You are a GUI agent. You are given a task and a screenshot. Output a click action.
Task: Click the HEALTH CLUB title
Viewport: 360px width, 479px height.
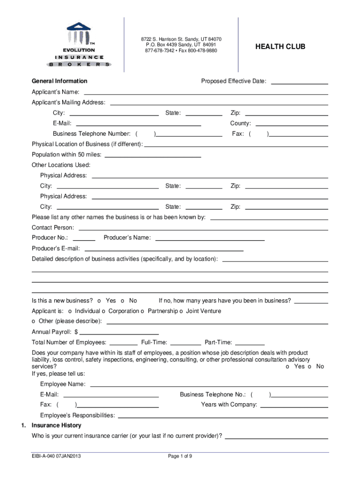tap(280, 47)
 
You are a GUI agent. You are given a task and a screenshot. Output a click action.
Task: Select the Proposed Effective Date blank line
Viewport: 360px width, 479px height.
tap(299, 83)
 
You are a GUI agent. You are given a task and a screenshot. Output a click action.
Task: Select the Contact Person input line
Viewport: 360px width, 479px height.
tap(203, 229)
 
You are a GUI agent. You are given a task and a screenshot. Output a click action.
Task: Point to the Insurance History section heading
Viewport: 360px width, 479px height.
tap(56, 425)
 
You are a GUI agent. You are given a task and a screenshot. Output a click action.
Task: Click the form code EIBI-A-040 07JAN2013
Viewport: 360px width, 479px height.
tap(54, 457)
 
